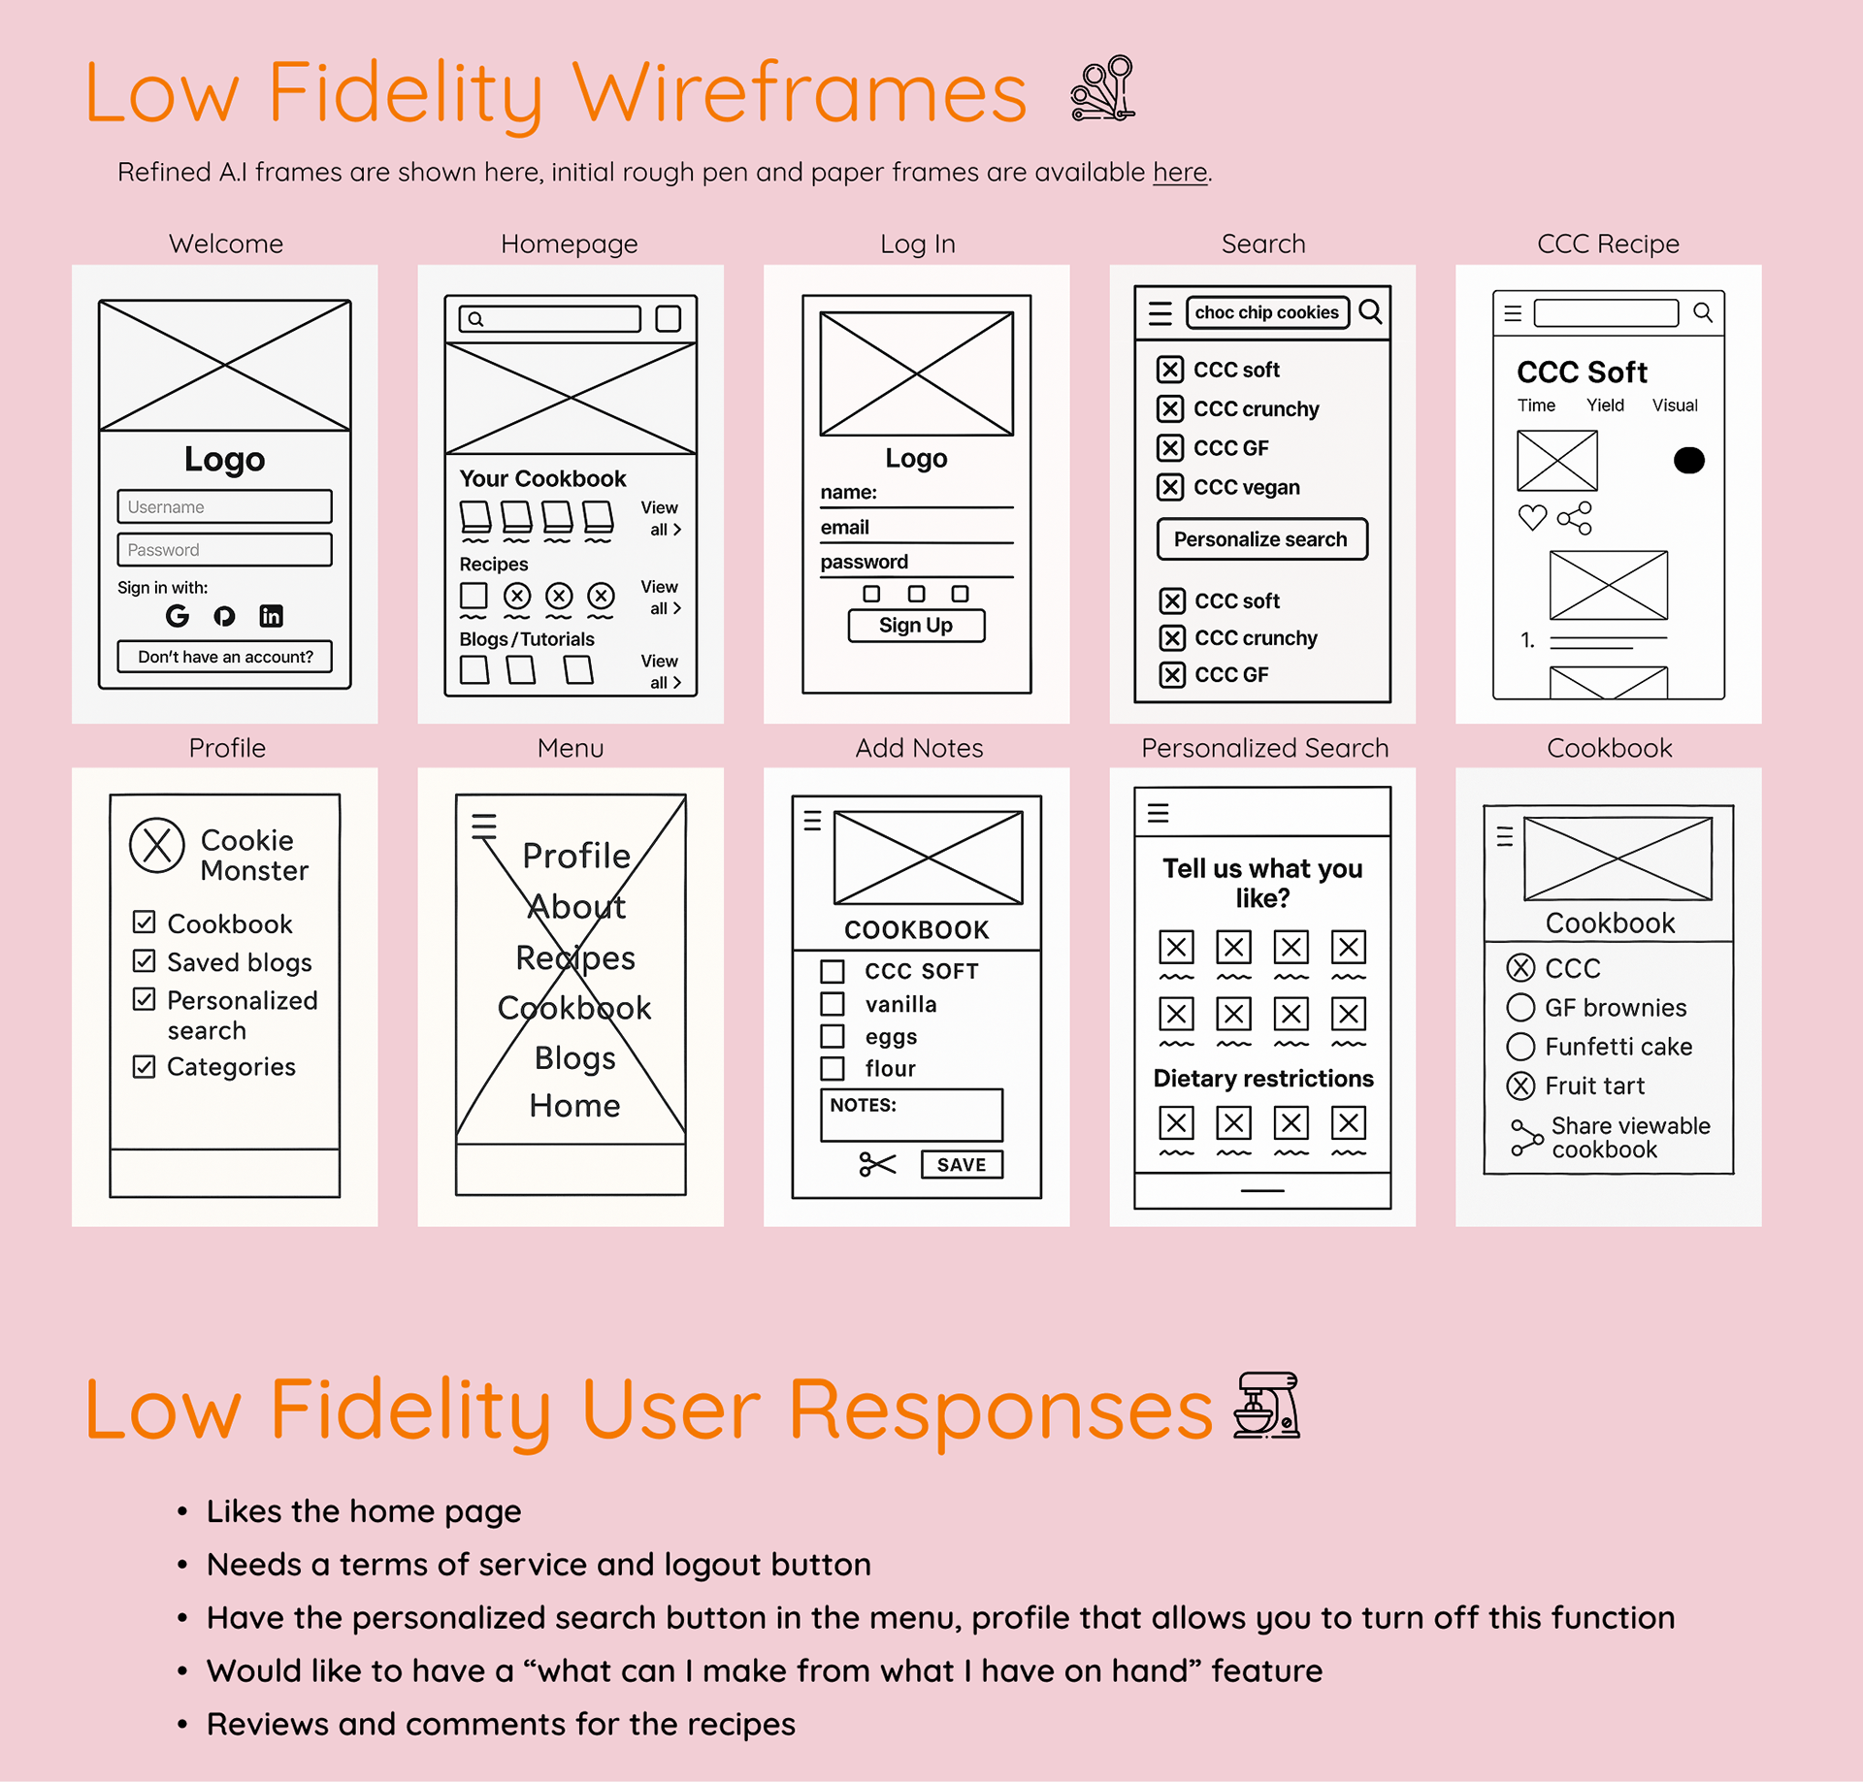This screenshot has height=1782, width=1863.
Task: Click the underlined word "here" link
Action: tap(1180, 173)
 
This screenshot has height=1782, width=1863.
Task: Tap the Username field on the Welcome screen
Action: tap(224, 506)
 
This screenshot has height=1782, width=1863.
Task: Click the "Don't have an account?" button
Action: tap(224, 657)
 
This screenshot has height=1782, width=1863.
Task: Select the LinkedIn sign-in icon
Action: tap(271, 616)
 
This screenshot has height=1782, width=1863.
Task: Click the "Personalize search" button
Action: tap(1261, 539)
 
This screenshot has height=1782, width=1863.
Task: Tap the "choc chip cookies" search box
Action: tap(1267, 312)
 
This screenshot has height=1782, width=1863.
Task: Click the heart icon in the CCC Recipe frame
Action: tap(1532, 518)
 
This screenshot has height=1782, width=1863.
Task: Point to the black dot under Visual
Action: tap(1688, 460)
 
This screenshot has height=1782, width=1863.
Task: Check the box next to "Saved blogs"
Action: tap(145, 960)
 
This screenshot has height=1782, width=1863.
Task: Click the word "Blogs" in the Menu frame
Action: tap(574, 1057)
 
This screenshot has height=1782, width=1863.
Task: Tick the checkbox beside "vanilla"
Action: tap(833, 1003)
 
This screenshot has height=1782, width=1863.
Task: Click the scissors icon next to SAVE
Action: tap(877, 1164)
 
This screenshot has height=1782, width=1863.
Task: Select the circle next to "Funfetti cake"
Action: tap(1520, 1047)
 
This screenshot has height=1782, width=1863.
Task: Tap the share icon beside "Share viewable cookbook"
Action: tap(1526, 1137)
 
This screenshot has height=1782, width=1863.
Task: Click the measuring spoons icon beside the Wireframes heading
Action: tap(1103, 89)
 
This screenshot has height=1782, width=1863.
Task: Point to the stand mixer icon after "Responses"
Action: tap(1266, 1406)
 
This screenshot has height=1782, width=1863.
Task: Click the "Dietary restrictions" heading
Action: tap(1262, 1079)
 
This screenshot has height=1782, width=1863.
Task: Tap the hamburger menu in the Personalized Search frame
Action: tap(1159, 813)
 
